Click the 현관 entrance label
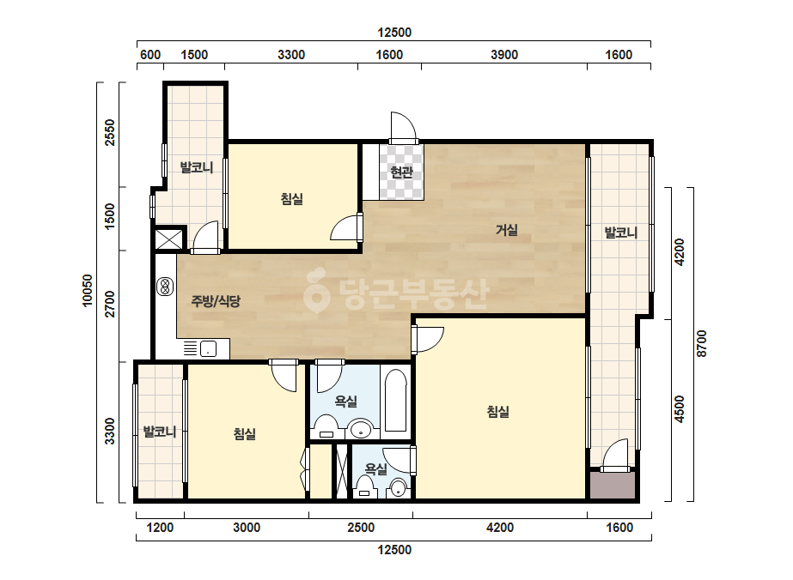point(401,172)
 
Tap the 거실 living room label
point(506,231)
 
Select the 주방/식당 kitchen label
point(216,301)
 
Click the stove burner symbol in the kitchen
point(165,287)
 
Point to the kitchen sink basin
point(209,348)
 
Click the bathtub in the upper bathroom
point(395,402)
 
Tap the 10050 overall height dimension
point(88,291)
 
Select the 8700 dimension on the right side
point(701,343)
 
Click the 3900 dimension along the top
point(504,55)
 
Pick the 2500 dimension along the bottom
point(361,528)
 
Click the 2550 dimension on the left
point(110,132)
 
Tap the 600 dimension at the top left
point(150,55)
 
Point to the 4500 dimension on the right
point(680,409)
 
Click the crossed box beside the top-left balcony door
point(168,239)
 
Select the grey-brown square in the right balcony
point(612,486)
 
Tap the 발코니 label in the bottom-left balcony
point(160,432)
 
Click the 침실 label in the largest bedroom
point(498,412)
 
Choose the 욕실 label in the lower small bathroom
point(375,470)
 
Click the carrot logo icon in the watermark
point(316,291)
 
